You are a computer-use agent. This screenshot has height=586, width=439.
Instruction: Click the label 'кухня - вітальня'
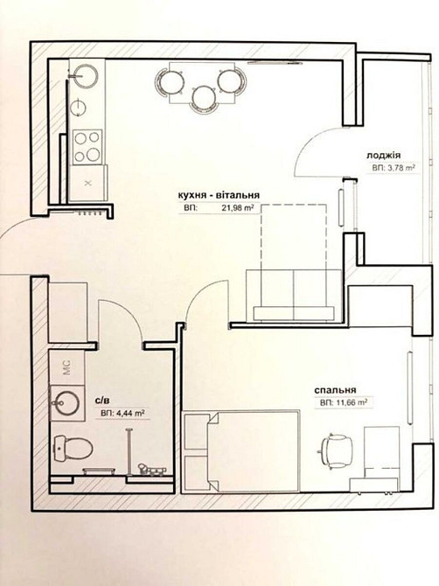219,195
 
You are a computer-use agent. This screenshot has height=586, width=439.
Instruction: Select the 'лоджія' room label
383,156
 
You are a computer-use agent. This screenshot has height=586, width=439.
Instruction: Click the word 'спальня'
335,391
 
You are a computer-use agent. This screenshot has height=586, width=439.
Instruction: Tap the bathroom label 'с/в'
102,401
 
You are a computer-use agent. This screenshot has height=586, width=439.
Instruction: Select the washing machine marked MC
66,367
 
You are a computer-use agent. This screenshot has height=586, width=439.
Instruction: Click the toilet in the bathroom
73,448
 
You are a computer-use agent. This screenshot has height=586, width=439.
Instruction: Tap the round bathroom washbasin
66,403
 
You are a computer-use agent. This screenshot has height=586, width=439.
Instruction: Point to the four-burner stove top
87,147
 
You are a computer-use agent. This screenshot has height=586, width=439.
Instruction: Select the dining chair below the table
204,97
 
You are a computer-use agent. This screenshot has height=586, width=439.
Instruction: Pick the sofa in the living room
294,296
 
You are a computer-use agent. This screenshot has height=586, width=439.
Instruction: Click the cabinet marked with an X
88,183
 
